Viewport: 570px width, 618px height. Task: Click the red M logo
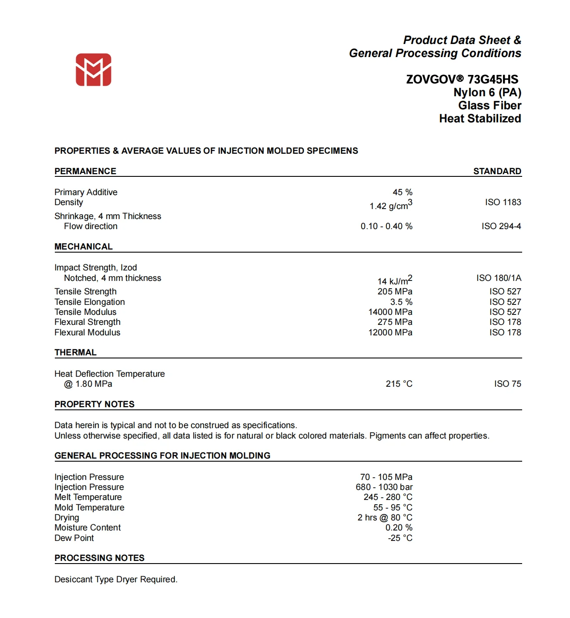click(x=94, y=70)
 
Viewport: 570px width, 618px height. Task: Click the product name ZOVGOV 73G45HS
click(x=462, y=79)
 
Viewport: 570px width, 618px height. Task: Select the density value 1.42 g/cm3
click(x=390, y=205)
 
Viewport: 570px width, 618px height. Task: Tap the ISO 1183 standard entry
click(x=503, y=202)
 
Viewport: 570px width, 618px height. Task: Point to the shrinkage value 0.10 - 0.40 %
click(x=386, y=226)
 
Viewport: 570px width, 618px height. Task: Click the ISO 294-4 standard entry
click(x=501, y=226)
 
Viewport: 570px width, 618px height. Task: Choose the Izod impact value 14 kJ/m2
click(x=394, y=280)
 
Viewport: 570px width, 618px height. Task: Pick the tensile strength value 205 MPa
click(x=395, y=291)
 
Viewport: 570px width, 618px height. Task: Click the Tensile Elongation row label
click(x=90, y=302)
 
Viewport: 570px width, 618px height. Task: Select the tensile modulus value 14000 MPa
click(x=390, y=312)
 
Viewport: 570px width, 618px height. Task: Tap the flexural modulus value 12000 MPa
click(x=390, y=332)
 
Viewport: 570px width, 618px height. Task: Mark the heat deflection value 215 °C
click(x=399, y=384)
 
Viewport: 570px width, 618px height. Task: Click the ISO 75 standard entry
click(x=507, y=384)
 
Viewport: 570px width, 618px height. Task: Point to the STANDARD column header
click(x=497, y=171)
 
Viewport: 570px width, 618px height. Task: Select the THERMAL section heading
click(x=75, y=352)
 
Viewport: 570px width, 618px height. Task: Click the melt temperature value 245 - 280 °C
click(x=388, y=497)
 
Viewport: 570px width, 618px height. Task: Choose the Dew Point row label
click(x=74, y=538)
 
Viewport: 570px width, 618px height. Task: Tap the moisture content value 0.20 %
click(x=399, y=527)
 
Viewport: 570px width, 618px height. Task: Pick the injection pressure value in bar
click(x=384, y=487)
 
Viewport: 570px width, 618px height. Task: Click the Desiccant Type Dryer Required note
click(x=116, y=579)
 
